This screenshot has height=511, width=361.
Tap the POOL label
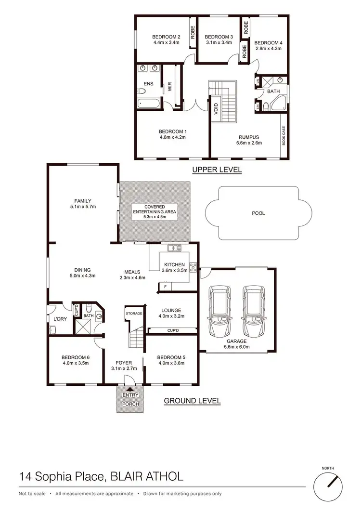click(x=258, y=212)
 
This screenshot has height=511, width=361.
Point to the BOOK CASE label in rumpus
click(x=284, y=135)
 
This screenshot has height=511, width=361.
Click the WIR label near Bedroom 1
click(x=170, y=87)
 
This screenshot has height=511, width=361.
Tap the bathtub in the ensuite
click(x=145, y=103)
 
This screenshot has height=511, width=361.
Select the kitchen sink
click(x=174, y=249)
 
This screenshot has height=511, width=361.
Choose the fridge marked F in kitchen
click(x=165, y=287)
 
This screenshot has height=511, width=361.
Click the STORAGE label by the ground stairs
click(x=134, y=314)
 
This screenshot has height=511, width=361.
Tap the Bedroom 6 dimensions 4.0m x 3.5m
click(x=76, y=363)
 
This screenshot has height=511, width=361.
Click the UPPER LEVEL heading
click(x=217, y=170)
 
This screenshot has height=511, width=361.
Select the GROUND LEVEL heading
click(x=193, y=401)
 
